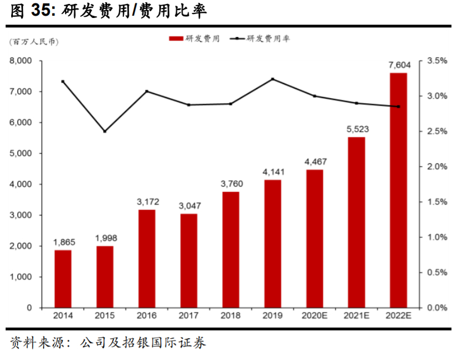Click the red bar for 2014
63,279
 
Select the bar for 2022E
399,190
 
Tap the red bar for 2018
231,250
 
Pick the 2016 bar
147,259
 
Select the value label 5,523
356,130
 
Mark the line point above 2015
105,131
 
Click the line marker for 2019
272,79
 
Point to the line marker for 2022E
399,107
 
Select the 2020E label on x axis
314,317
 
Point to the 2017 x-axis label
189,317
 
